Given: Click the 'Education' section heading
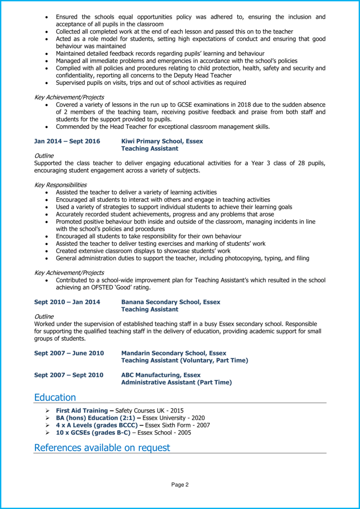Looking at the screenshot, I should (x=55, y=397).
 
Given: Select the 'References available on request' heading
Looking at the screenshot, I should (x=102, y=448).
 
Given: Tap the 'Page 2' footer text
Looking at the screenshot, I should (x=180, y=485).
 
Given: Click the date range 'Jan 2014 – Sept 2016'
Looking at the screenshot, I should (x=67, y=141).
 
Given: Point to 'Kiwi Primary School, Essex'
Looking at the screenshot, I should (x=162, y=141).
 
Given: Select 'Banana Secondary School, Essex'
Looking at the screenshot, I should (x=170, y=302).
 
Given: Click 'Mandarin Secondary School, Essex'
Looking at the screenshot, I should (x=173, y=353).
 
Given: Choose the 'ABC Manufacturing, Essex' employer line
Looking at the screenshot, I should (x=161, y=375).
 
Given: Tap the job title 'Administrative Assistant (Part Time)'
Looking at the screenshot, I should (x=176, y=382).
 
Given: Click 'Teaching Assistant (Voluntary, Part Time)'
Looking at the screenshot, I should (x=184, y=360).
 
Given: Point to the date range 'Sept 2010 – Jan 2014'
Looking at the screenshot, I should (x=67, y=302).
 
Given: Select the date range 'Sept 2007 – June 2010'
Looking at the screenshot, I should (x=69, y=353).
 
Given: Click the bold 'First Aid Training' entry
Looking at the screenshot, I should (x=82, y=411).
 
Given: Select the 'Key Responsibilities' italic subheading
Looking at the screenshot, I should (x=60, y=185).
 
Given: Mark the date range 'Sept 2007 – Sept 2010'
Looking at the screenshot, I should (x=69, y=375).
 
